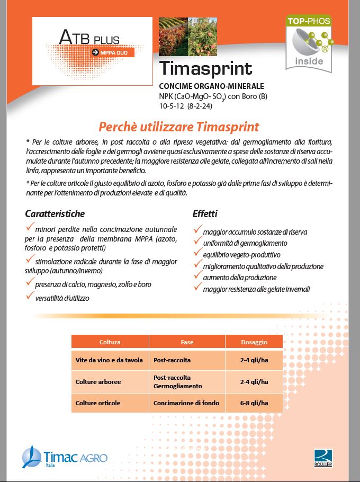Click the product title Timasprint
[x=205, y=69]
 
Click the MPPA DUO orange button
[x=113, y=52]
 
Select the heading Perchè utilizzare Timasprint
[x=178, y=127]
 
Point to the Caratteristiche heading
[x=55, y=214]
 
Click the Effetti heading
[x=205, y=214]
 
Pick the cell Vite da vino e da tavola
[x=109, y=360]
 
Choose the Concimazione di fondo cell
[x=182, y=403]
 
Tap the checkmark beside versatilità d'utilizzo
[x=30, y=297]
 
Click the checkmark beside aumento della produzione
[x=197, y=276]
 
